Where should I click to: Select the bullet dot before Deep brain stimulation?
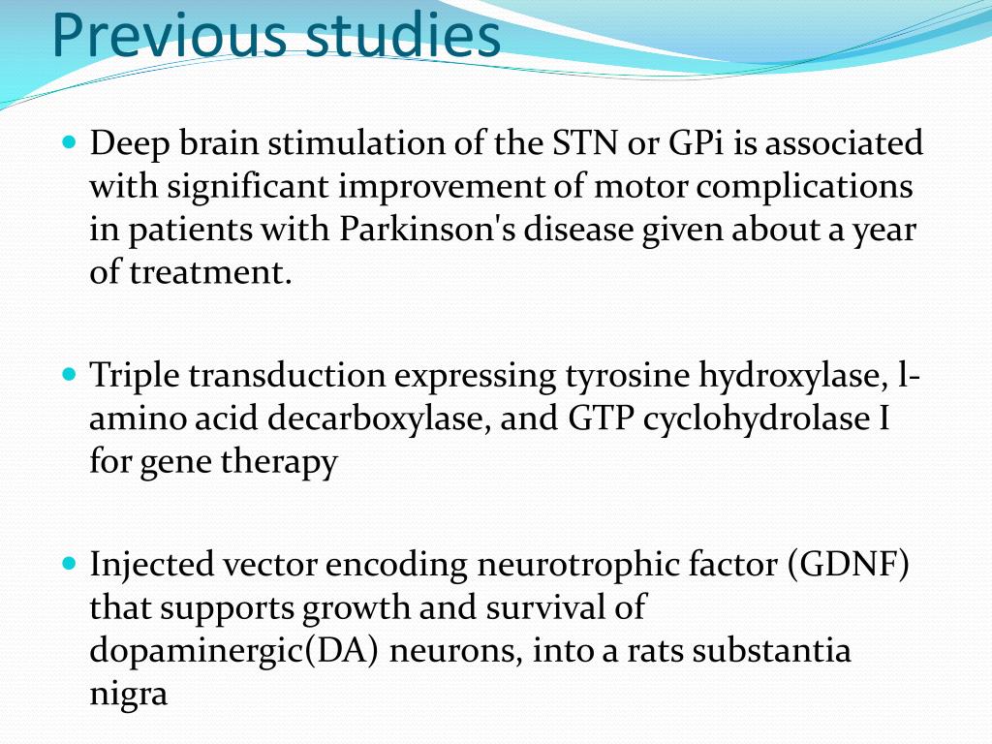click(x=68, y=142)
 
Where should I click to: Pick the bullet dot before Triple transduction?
click(x=68, y=373)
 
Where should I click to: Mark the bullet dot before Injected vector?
click(x=68, y=562)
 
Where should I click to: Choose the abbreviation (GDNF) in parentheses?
click(x=849, y=565)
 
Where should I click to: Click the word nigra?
click(x=129, y=695)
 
